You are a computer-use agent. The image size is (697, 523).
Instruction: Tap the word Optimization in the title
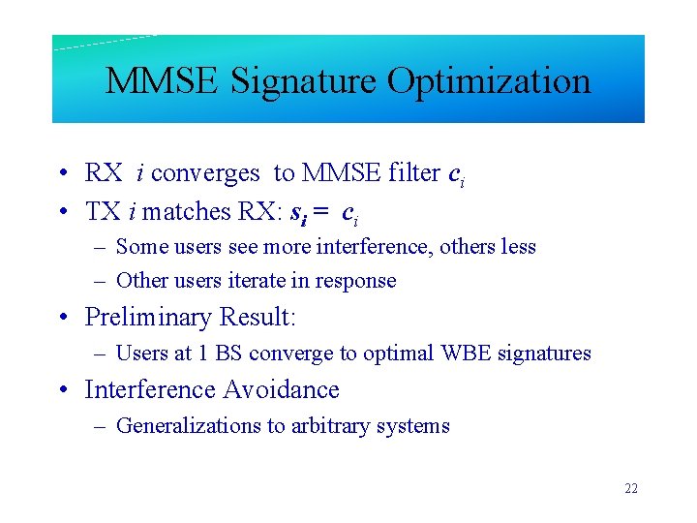click(x=489, y=80)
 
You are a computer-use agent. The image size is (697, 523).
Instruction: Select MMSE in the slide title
click(x=161, y=80)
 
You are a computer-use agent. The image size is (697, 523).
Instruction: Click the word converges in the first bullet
click(x=205, y=173)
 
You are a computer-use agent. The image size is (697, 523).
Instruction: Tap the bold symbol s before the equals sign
click(x=296, y=212)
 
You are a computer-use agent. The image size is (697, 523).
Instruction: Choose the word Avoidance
click(x=281, y=390)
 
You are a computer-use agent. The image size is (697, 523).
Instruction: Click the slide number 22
click(x=631, y=489)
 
